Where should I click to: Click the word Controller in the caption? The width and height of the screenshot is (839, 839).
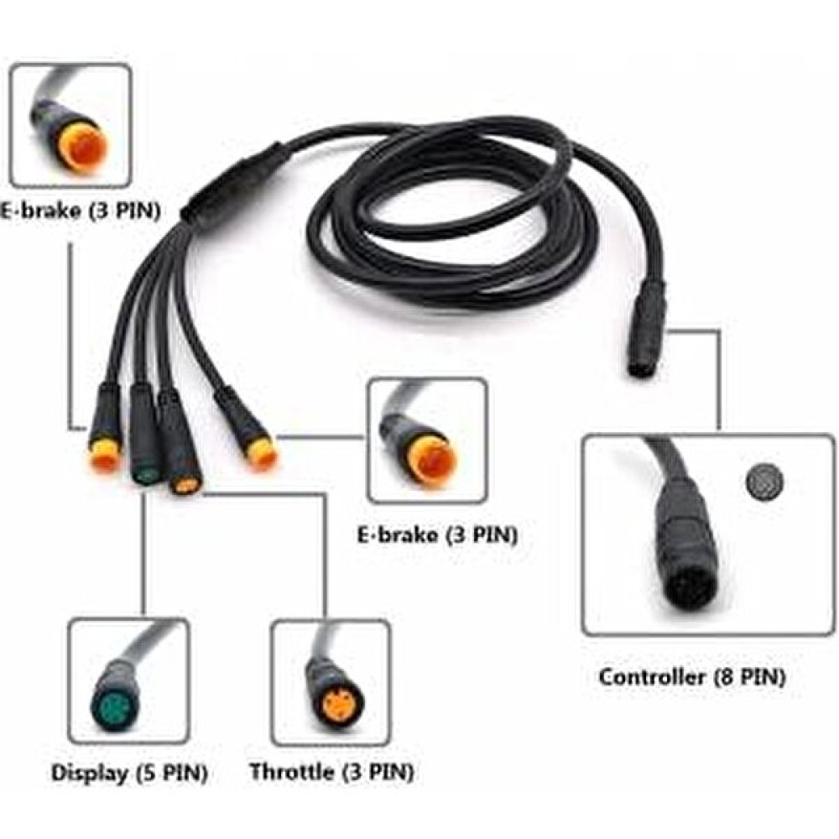(x=652, y=677)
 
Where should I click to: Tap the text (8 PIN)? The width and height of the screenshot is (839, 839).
(x=750, y=678)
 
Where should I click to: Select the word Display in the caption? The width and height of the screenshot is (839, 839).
(x=90, y=773)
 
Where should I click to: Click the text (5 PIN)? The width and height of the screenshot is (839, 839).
(x=172, y=773)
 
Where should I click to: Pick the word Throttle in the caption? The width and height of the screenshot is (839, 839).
(x=292, y=772)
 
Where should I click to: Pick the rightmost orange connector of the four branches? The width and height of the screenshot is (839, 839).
(x=260, y=453)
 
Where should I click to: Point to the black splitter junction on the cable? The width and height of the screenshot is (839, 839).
(x=232, y=182)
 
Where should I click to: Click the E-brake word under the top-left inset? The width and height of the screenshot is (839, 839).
(x=40, y=211)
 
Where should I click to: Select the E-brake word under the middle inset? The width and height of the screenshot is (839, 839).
(x=397, y=534)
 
